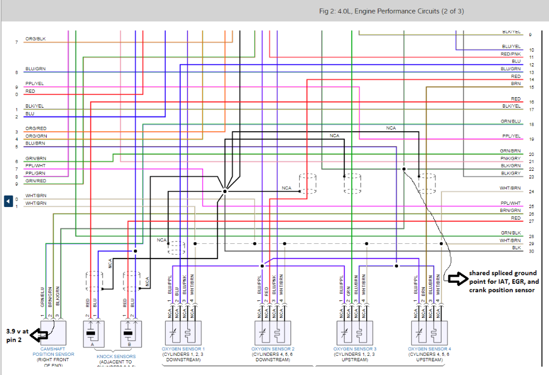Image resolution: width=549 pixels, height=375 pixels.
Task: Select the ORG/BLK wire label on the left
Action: point(35,39)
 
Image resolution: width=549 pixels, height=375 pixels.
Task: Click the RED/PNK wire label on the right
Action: point(510,54)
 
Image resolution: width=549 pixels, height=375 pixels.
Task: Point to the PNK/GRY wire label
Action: point(510,158)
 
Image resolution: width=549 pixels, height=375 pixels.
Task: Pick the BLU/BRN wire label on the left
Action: point(35,143)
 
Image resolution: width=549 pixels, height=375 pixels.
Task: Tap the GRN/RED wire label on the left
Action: point(35,181)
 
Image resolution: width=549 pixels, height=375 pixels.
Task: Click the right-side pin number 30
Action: point(531,251)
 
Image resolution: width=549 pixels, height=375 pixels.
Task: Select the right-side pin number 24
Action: point(531,192)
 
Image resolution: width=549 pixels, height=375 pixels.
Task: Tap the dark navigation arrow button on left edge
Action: point(8,202)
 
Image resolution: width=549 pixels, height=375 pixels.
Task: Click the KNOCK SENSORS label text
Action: point(116,356)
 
